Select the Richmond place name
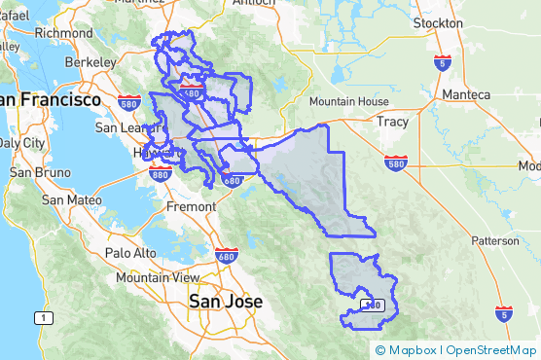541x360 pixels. [x=63, y=32]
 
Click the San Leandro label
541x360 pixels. [x=124, y=126]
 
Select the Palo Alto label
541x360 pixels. [x=130, y=253]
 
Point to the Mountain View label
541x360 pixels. [x=159, y=277]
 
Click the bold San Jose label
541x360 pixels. [x=225, y=301]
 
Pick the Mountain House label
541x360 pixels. [x=347, y=101]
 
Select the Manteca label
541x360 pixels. [x=465, y=94]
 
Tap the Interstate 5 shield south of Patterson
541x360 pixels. [x=502, y=314]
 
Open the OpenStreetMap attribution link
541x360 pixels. [x=493, y=350]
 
